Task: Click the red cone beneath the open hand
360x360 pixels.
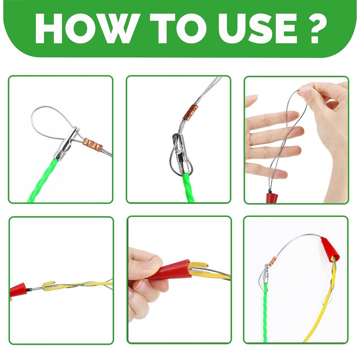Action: coord(272,196)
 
